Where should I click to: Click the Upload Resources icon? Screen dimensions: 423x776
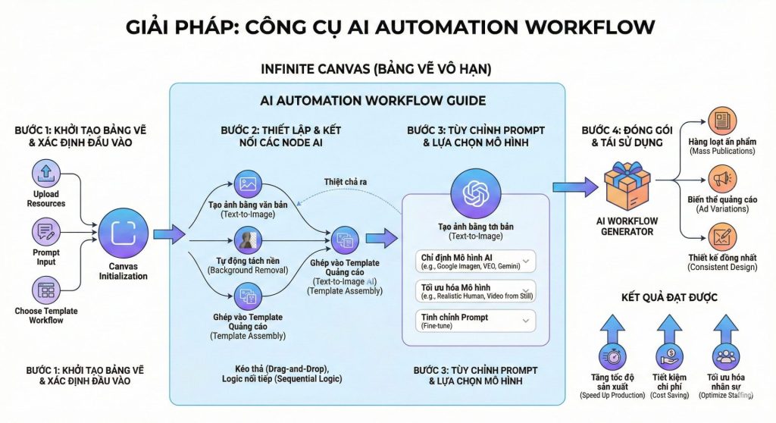pos(46,173)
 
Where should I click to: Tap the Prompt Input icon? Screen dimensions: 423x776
pos(46,232)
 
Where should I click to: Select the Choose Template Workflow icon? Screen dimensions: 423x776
pos(46,289)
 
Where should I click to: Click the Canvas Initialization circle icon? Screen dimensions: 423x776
pos(124,232)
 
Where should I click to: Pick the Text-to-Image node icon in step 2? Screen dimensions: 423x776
pos(247,184)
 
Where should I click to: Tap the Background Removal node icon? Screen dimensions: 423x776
pos(247,241)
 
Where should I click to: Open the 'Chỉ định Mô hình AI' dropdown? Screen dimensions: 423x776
pos(477,262)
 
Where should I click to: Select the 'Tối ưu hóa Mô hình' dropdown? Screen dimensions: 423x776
pos(477,291)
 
